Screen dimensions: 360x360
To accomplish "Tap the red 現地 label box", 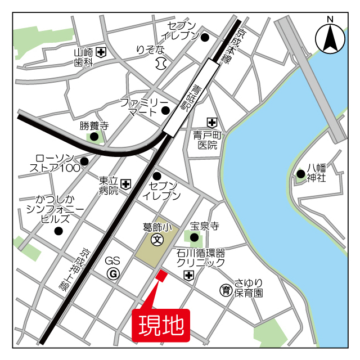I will click(x=161, y=325).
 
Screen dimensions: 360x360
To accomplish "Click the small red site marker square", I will click(x=161, y=276).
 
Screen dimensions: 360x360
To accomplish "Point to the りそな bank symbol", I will click(x=161, y=62).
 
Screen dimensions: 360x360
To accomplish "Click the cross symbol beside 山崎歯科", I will click(x=101, y=53).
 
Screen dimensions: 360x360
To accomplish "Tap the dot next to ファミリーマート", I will click(x=165, y=110).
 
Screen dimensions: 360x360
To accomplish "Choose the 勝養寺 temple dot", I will click(x=94, y=136).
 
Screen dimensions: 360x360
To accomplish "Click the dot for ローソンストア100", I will click(x=84, y=162).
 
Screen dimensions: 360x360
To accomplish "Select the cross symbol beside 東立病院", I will click(x=126, y=184).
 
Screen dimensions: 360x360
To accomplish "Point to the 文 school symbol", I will click(x=157, y=239).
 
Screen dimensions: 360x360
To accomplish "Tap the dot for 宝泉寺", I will click(x=194, y=237).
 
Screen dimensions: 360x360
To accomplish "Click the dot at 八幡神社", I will click(x=301, y=173).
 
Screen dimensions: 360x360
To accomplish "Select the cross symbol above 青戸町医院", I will click(x=211, y=121).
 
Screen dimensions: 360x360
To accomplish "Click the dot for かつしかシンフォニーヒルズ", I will click(x=58, y=231).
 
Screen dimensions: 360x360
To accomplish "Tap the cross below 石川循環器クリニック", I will click(x=188, y=275).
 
